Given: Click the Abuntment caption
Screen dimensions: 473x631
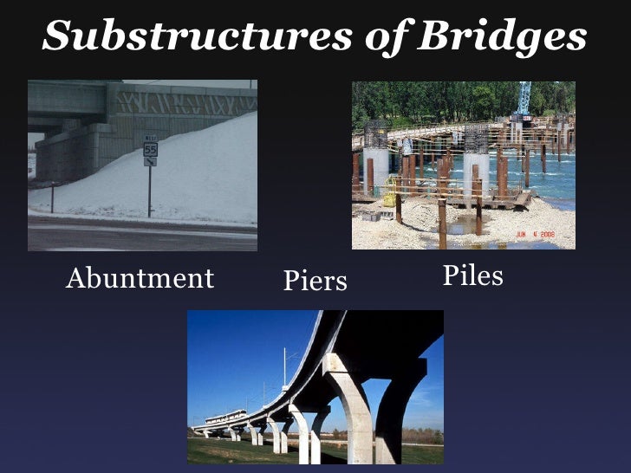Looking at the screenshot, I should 140,278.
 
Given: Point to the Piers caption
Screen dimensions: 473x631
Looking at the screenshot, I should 315,281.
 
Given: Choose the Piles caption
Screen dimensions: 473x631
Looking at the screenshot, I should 472,275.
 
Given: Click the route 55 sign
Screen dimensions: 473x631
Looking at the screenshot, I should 150,149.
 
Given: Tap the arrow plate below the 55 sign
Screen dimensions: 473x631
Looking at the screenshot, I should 150,161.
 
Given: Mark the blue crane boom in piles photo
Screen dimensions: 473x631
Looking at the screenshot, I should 524,97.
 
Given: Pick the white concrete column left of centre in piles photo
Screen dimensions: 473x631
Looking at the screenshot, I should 376,169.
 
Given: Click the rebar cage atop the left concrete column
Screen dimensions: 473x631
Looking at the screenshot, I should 375,135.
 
